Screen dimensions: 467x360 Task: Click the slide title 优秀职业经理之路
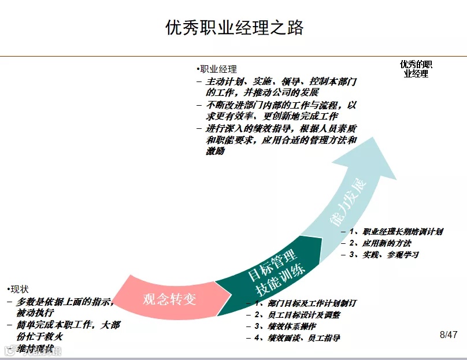click(233, 28)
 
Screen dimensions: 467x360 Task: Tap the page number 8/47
click(449, 335)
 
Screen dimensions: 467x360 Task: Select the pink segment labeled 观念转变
click(170, 298)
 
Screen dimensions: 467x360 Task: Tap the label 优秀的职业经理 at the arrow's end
click(416, 69)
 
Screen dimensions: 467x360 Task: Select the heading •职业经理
click(217, 69)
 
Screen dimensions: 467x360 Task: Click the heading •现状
click(18, 289)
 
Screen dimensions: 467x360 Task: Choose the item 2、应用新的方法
click(384, 243)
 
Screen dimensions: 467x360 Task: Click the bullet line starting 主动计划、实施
click(280, 87)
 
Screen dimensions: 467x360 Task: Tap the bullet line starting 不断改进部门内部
click(280, 112)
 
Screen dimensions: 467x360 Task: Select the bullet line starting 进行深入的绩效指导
click(280, 140)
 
